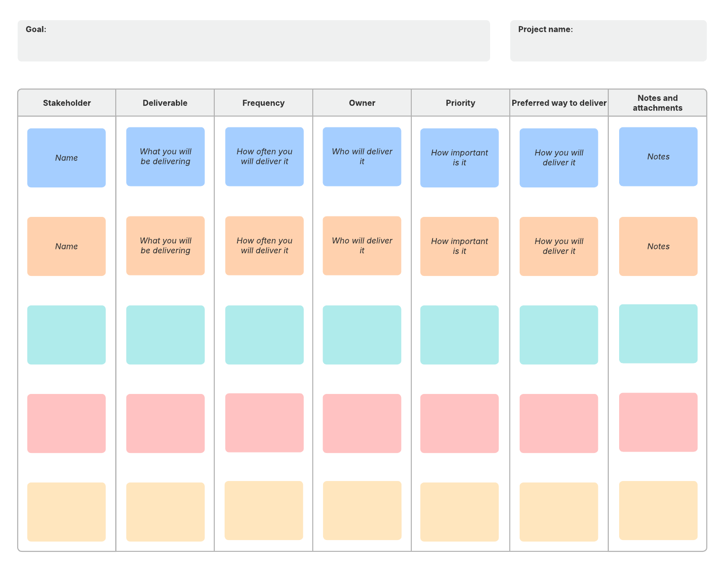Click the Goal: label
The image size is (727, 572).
[x=36, y=30]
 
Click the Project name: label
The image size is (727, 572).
[x=545, y=30]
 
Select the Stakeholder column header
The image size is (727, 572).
[x=67, y=103]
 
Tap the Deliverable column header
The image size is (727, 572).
[x=165, y=103]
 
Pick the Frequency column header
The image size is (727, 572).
[x=264, y=103]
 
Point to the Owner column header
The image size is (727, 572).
[x=362, y=103]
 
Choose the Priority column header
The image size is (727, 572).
[x=461, y=103]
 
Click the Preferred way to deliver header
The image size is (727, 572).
[x=559, y=103]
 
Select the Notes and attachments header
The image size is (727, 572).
[x=658, y=103]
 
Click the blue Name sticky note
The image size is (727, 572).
[x=66, y=158]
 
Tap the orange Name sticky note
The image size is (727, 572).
[x=66, y=246]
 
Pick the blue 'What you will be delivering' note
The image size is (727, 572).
[x=165, y=157]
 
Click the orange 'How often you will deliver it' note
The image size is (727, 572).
[x=264, y=245]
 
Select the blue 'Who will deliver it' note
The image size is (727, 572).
[x=362, y=157]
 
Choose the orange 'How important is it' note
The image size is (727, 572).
[x=460, y=246]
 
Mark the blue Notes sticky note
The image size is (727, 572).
[x=658, y=157]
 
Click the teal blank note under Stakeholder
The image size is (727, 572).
[x=66, y=335]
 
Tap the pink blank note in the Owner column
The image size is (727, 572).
[x=362, y=423]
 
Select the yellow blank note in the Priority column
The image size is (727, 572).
[x=460, y=512]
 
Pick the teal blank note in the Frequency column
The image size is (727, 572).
[x=264, y=335]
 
